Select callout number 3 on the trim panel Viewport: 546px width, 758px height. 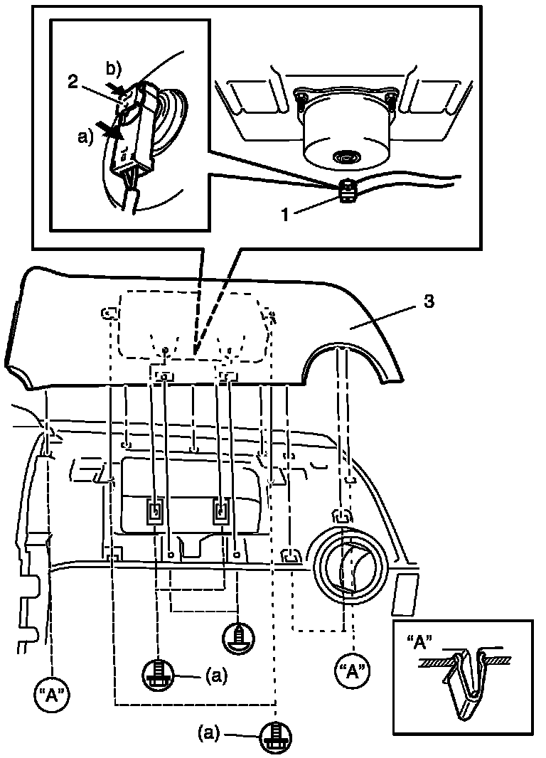click(x=429, y=301)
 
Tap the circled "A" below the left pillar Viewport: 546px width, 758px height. click(x=53, y=692)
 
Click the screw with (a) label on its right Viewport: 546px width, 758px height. click(x=159, y=672)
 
